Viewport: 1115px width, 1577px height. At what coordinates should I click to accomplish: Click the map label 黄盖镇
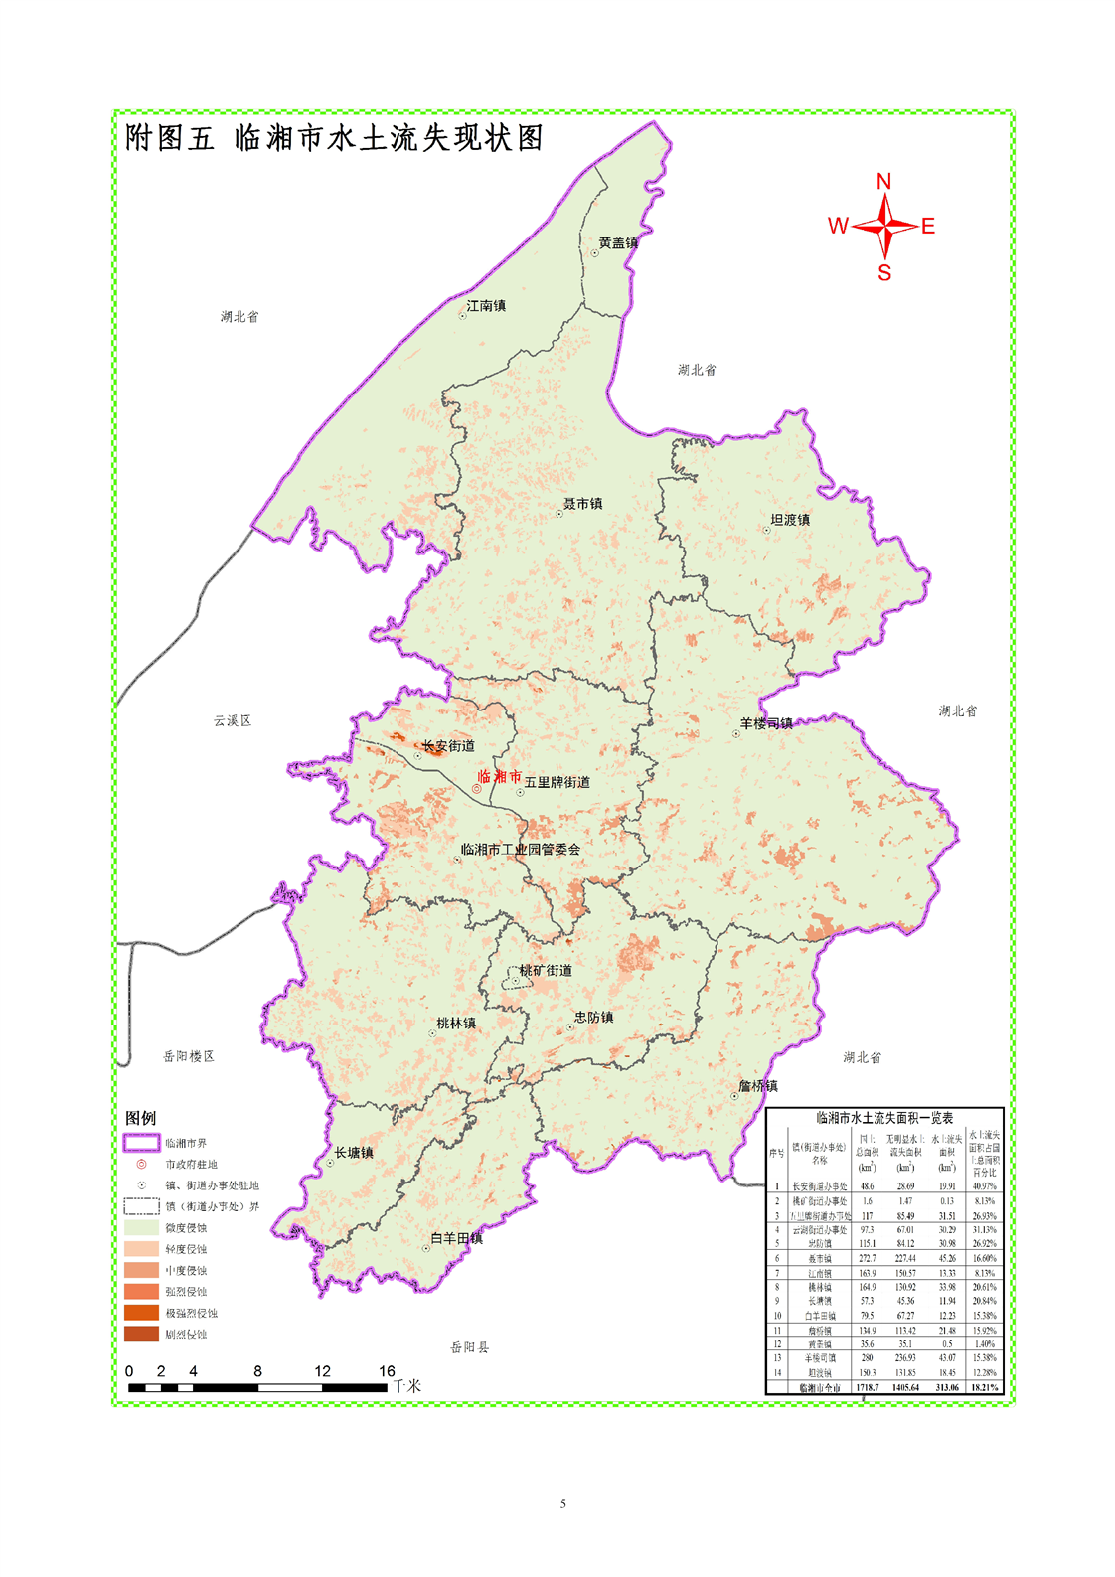click(618, 243)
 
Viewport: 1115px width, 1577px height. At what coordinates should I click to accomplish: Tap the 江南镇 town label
click(486, 306)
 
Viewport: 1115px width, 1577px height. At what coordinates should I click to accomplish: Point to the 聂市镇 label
click(583, 504)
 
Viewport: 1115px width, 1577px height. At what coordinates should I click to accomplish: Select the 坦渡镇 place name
click(790, 520)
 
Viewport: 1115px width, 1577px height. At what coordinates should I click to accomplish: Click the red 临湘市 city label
click(500, 776)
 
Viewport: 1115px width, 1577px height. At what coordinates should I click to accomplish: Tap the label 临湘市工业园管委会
click(521, 850)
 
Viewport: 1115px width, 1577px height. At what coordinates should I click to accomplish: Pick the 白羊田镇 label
click(456, 1238)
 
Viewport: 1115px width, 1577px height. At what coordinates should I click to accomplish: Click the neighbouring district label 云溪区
click(233, 720)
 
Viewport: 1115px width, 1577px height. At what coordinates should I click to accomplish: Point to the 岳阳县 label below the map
click(469, 1347)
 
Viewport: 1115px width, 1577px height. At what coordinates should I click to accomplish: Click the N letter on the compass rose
click(883, 182)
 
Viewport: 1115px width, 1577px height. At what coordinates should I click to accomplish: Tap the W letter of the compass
click(838, 227)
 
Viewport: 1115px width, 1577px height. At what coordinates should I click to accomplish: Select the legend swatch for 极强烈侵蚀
click(141, 1312)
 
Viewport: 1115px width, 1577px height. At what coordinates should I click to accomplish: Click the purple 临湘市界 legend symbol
click(141, 1143)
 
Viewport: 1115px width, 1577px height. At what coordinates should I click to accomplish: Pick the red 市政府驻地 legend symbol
click(141, 1164)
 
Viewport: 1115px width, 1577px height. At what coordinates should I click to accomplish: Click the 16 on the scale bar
click(387, 1371)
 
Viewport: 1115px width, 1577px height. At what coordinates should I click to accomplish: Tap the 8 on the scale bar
click(257, 1371)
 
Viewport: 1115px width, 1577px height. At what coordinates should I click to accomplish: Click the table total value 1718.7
click(867, 1387)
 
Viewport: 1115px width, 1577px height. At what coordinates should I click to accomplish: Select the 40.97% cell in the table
click(984, 1186)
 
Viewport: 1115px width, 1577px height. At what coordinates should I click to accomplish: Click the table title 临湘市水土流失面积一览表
click(884, 1118)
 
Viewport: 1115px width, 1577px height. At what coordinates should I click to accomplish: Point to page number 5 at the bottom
click(562, 1503)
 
